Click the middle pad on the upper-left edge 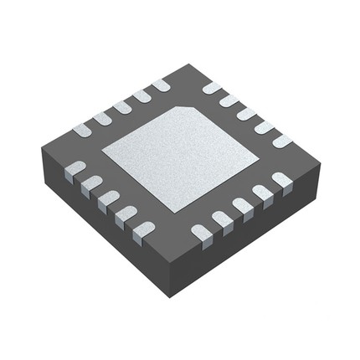click(x=122, y=106)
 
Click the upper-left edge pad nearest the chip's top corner click(x=161, y=85)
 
